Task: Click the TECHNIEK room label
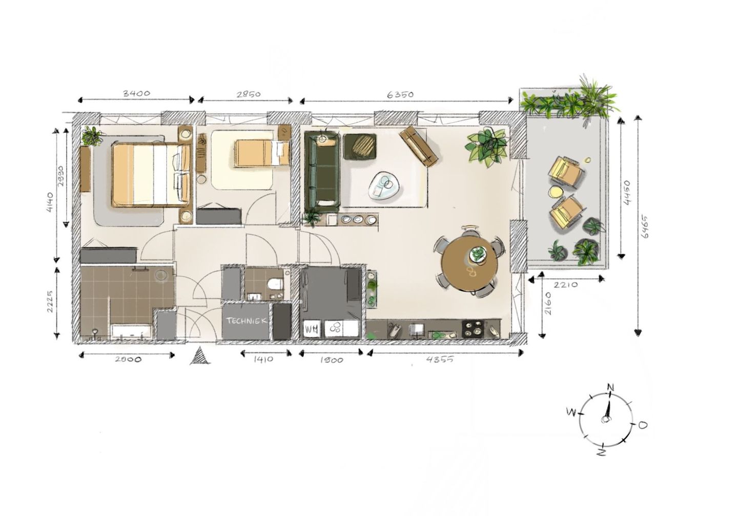coord(247,321)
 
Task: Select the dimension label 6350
coord(400,94)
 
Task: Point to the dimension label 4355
coord(440,359)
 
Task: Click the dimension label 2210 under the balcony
coord(565,285)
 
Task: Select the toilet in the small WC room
coord(275,283)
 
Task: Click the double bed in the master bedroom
coord(151,175)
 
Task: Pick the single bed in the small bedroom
coord(262,153)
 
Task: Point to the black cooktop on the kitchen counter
coord(472,328)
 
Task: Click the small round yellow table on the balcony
coord(555,192)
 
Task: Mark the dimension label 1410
coord(263,359)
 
